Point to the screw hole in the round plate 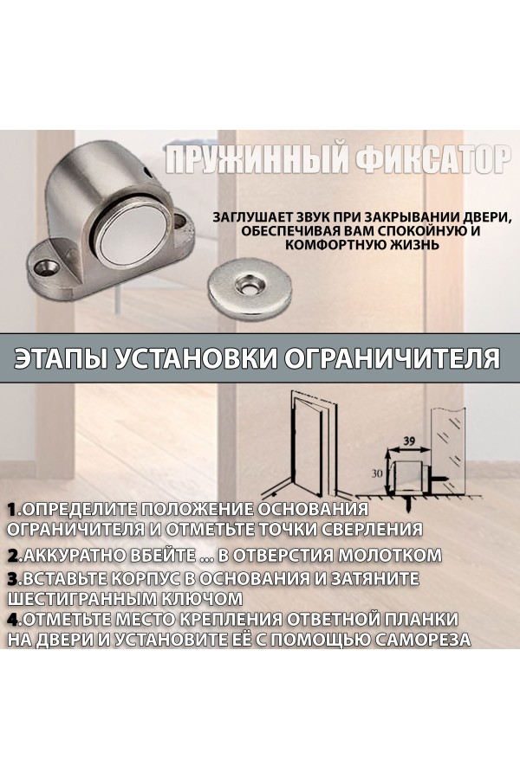click(248, 284)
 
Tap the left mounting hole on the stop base click(49, 267)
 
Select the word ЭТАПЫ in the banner click(60, 358)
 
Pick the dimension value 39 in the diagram click(410, 441)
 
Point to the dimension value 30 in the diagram click(377, 473)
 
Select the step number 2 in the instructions click(14, 555)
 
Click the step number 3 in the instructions click(14, 579)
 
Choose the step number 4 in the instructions click(14, 620)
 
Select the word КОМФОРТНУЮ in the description click(337, 245)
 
